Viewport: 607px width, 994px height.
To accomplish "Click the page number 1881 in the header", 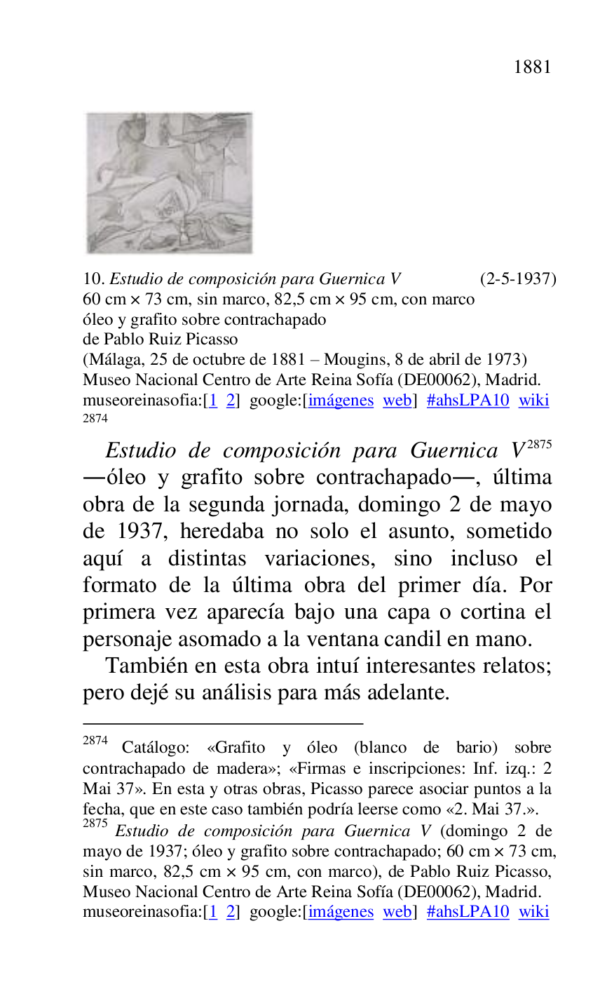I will [532, 67].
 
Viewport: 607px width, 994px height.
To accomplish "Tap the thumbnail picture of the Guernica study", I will [169, 183].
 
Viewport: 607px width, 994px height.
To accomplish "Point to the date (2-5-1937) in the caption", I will [518, 279].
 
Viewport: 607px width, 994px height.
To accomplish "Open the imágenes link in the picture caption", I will [341, 401].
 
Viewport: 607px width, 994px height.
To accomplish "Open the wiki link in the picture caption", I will [533, 401].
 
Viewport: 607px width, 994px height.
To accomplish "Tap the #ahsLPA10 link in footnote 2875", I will [468, 912].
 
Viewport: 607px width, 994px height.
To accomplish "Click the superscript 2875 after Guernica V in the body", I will [540, 444].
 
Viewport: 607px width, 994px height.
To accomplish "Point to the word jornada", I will [318, 505].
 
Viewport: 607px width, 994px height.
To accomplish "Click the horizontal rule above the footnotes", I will [223, 723].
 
